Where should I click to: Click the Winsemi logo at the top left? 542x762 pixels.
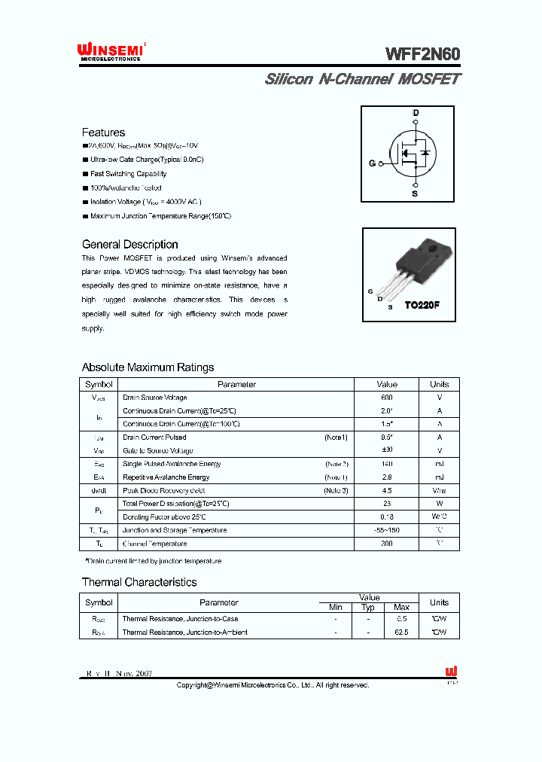[112, 51]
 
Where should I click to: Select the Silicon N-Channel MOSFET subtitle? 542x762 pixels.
[362, 79]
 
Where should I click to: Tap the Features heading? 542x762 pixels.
[103, 133]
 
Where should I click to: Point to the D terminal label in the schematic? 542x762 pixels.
[415, 113]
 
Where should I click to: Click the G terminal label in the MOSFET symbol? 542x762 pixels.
[372, 163]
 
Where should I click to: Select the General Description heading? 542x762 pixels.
[129, 245]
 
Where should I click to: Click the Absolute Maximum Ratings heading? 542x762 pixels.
[148, 367]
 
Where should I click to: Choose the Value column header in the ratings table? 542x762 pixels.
[387, 384]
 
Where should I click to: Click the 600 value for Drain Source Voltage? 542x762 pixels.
[387, 398]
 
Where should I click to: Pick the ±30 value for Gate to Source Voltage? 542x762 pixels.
[387, 450]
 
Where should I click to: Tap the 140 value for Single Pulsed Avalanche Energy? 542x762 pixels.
[387, 464]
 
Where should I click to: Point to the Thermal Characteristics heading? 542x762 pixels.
[139, 582]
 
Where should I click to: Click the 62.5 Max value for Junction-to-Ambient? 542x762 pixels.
[401, 632]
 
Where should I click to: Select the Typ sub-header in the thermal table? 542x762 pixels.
[368, 607]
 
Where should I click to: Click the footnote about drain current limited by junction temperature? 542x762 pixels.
[153, 561]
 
